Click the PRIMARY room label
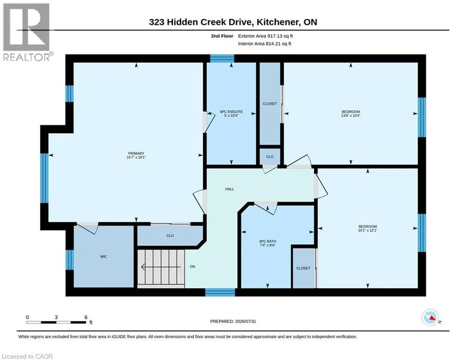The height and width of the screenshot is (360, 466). (136, 154)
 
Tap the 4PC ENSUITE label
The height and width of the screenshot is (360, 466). (231, 112)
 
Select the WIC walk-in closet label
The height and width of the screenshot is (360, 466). (104, 256)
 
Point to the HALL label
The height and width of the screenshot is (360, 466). (229, 189)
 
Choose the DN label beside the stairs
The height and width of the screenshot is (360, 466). (192, 267)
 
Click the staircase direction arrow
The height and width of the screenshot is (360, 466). (161, 267)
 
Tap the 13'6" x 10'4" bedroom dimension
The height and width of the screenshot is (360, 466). (351, 115)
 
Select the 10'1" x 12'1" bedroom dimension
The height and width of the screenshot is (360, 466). (368, 230)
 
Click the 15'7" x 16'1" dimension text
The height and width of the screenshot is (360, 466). (136, 157)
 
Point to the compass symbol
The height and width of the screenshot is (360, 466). (430, 317)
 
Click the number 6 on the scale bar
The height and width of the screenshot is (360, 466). (86, 317)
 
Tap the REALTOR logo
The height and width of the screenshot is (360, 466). (27, 32)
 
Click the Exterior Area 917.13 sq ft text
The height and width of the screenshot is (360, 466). (266, 36)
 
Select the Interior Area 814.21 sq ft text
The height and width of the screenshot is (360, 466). (265, 44)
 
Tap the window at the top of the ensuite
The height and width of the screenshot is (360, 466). (222, 58)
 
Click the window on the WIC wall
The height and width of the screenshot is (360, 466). (69, 260)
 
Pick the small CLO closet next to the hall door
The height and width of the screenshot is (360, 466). (270, 157)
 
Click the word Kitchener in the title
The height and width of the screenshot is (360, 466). (278, 22)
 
